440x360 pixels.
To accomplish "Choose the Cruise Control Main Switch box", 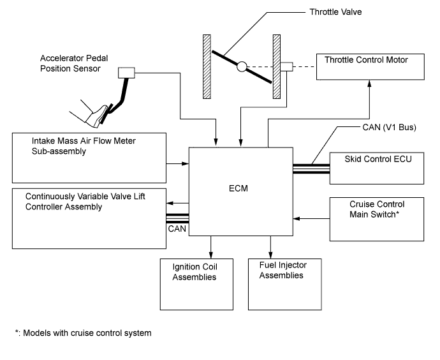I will pyautogui.click(x=376, y=219).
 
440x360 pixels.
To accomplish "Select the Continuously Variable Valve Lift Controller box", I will pyautogui.click(x=89, y=218).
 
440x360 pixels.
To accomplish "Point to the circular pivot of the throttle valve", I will pyautogui.click(x=241, y=66).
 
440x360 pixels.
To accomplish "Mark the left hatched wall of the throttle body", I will pyautogui.click(x=207, y=66).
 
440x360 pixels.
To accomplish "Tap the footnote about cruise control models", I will pyautogui.click(x=84, y=333).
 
